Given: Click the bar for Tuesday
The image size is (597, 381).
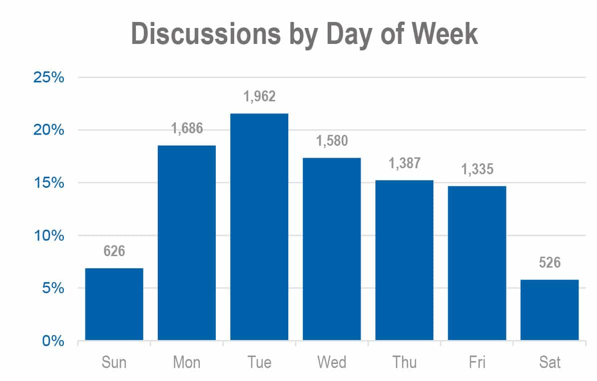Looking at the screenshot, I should click(x=259, y=227).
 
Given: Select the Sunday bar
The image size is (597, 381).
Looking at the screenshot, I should click(x=114, y=304).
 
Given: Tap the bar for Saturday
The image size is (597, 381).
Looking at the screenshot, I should click(x=550, y=310).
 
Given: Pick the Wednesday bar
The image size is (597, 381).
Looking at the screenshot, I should click(x=332, y=249).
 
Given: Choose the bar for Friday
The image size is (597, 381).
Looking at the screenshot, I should click(x=477, y=263).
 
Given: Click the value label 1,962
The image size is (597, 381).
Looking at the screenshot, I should click(x=259, y=96).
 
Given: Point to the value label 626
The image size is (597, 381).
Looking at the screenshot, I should click(x=114, y=251).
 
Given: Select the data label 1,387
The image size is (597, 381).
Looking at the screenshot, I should click(x=404, y=163).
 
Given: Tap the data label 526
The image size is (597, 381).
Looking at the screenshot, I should click(x=550, y=262).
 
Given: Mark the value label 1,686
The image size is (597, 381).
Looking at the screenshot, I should click(x=187, y=128).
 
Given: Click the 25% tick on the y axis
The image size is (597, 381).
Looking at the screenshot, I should click(x=48, y=77).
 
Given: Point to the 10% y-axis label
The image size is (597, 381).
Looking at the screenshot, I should click(x=48, y=236).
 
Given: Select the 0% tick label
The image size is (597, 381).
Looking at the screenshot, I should click(x=52, y=341).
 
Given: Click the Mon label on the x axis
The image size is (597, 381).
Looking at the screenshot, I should click(x=187, y=362).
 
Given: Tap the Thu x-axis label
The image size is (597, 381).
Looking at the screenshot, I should click(x=404, y=362).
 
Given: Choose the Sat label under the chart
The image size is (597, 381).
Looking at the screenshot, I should click(x=550, y=362).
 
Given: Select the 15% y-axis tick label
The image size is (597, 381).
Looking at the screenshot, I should click(x=48, y=183).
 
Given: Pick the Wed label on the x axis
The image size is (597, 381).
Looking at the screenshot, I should click(x=332, y=362).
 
